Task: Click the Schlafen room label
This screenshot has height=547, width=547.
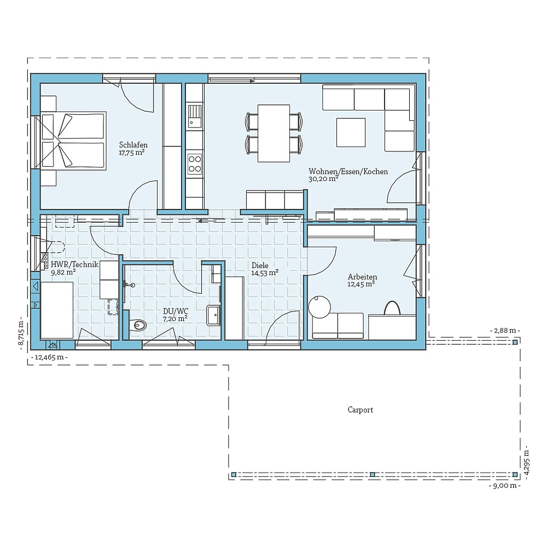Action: point(133,145)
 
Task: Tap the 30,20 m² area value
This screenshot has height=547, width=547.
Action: point(323,178)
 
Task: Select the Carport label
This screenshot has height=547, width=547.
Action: point(360,410)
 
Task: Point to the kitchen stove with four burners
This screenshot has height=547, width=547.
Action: point(195,162)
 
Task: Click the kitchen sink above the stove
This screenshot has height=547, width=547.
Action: point(194,115)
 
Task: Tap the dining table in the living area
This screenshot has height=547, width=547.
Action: point(273,133)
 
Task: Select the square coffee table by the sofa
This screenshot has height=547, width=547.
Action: point(351,133)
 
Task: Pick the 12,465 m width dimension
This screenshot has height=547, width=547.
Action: point(50,357)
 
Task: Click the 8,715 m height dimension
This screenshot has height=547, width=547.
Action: point(21,334)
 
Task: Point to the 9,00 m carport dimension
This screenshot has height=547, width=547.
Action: point(504,485)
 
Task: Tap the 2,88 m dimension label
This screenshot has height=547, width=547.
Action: point(504,331)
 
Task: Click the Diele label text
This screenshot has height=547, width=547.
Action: point(260,265)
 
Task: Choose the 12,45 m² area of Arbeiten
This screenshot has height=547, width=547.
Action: point(361,284)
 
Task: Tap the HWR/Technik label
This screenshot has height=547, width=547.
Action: point(74,265)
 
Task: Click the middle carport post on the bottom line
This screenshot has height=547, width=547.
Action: point(372,474)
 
